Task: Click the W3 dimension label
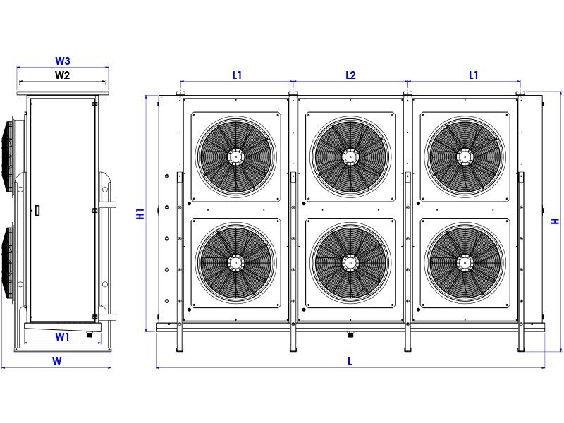point(63,61)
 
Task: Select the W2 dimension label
point(62,75)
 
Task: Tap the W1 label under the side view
point(62,337)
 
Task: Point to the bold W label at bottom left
point(57,361)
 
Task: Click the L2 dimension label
point(350,75)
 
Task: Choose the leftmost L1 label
point(237,75)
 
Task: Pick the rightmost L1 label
point(474,75)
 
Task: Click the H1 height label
point(140,214)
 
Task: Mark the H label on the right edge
point(556,221)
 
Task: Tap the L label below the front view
point(350,361)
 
